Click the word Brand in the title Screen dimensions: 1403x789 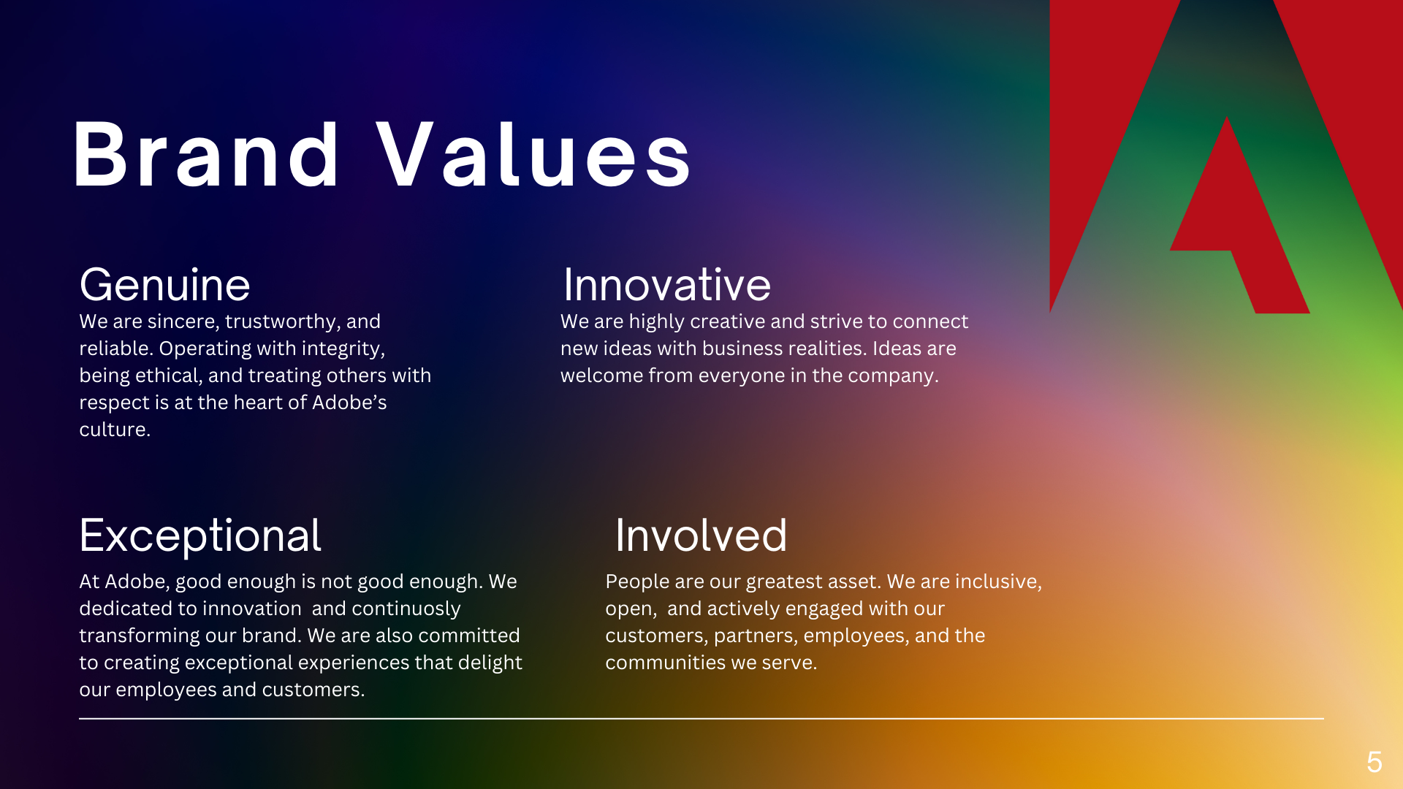click(206, 154)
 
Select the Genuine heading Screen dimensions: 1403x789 click(164, 285)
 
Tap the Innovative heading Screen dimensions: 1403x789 click(667, 285)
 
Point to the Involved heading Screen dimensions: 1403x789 click(701, 535)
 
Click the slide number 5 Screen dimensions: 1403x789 click(1375, 762)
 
